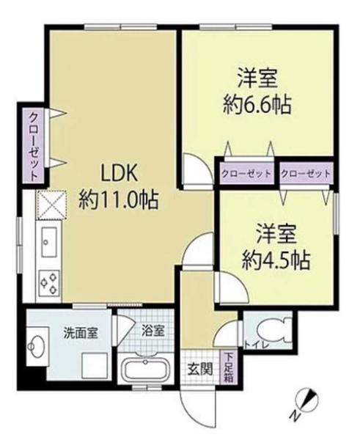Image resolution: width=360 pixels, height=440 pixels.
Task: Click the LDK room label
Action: [119, 175]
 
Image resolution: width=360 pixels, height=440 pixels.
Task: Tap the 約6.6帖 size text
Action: [257, 105]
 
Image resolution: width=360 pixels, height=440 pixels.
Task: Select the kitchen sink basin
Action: [49, 241]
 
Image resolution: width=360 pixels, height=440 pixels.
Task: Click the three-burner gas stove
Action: [49, 282]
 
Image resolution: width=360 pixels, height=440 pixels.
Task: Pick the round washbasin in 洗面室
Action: [36, 347]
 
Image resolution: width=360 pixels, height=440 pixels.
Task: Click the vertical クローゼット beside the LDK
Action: [34, 146]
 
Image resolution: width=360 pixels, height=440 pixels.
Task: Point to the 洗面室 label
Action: [81, 333]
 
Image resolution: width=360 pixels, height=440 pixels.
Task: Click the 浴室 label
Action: [153, 331]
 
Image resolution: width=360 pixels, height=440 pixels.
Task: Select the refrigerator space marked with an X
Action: [52, 205]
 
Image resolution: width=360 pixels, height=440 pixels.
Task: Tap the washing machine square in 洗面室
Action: [95, 366]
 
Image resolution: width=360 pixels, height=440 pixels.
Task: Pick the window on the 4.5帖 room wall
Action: [336, 213]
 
